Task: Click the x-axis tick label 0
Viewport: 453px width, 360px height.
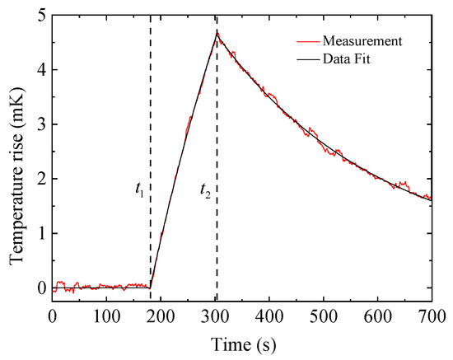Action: (53, 316)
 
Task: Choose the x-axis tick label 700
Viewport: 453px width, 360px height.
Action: (432, 316)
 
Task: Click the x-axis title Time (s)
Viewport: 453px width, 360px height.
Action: (242, 342)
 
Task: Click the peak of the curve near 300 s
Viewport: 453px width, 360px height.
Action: (217, 33)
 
